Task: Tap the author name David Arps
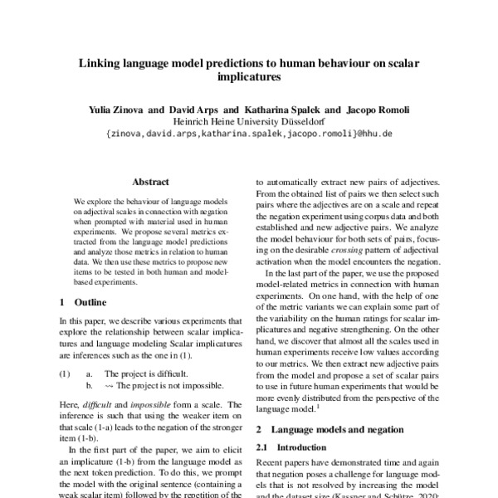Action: point(193,109)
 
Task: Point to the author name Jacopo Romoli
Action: point(378,109)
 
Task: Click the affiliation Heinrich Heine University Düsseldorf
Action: point(249,120)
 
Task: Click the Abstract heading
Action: point(150,182)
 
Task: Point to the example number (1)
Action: point(65,374)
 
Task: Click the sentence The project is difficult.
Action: point(145,374)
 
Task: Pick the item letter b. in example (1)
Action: point(90,386)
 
